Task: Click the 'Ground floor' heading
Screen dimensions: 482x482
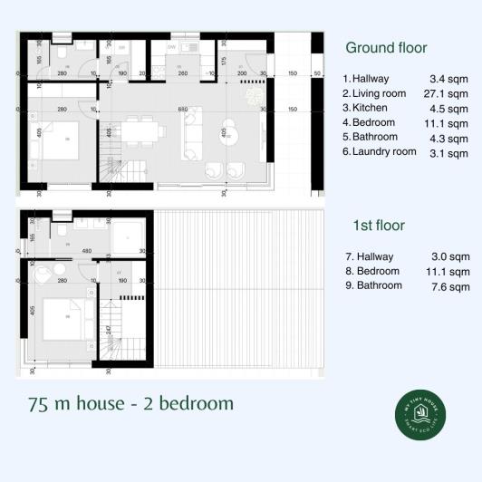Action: [387, 48]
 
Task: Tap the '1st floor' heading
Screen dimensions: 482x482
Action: [378, 225]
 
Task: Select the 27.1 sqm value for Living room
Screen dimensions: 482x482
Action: [449, 93]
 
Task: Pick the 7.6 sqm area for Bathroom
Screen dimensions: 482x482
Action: [453, 286]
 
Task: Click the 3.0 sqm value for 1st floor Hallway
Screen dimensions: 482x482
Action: [453, 257]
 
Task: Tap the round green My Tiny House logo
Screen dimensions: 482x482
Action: [420, 416]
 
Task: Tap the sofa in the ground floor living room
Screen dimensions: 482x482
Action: [193, 134]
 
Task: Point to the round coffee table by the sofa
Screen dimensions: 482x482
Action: [227, 134]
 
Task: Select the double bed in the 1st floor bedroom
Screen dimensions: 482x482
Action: [63, 320]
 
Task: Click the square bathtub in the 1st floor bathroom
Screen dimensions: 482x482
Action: [129, 237]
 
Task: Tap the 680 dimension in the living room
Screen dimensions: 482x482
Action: [183, 110]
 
